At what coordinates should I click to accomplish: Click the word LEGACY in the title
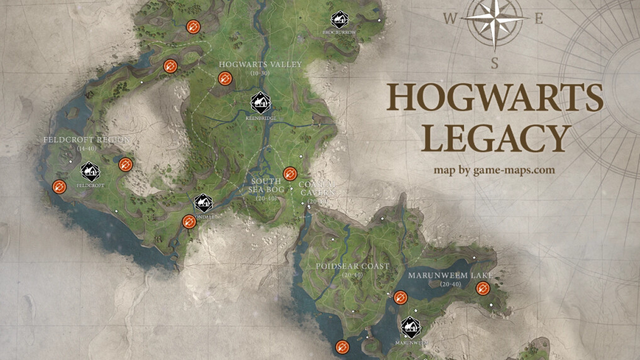click(x=495, y=139)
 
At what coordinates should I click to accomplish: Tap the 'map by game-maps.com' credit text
click(x=494, y=170)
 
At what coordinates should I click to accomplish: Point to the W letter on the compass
click(x=450, y=19)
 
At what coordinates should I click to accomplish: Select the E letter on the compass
click(x=538, y=19)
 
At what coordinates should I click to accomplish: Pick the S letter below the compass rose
click(x=495, y=63)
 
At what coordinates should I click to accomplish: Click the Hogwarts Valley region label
click(x=260, y=65)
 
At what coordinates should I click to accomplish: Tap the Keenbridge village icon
click(x=260, y=102)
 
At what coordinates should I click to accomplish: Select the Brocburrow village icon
click(x=339, y=19)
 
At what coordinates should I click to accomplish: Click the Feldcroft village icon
click(x=90, y=171)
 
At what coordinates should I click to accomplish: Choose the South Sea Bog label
click(x=265, y=185)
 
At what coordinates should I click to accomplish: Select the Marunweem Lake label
click(x=450, y=276)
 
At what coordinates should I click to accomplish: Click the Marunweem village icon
click(x=411, y=326)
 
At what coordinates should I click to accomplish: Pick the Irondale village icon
click(x=203, y=203)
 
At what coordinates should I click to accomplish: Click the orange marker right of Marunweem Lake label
click(x=483, y=288)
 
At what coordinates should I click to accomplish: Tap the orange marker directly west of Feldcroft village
click(x=59, y=187)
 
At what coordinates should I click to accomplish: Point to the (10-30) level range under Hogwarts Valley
click(x=260, y=74)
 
